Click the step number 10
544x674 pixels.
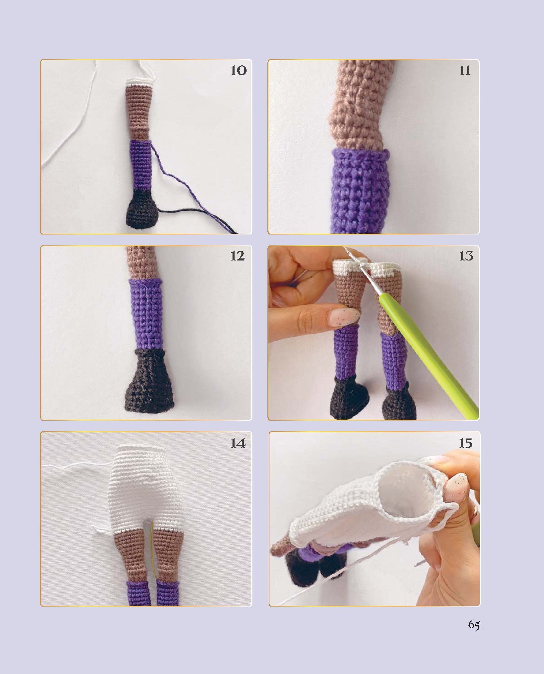tap(238, 71)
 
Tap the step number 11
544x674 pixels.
tap(465, 71)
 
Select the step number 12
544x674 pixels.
tap(238, 256)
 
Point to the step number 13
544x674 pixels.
tap(466, 256)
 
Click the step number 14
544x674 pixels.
tap(238, 443)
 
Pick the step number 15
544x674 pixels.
tap(465, 443)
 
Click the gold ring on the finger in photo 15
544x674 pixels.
tap(475, 512)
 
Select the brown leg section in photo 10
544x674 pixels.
tap(139, 112)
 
